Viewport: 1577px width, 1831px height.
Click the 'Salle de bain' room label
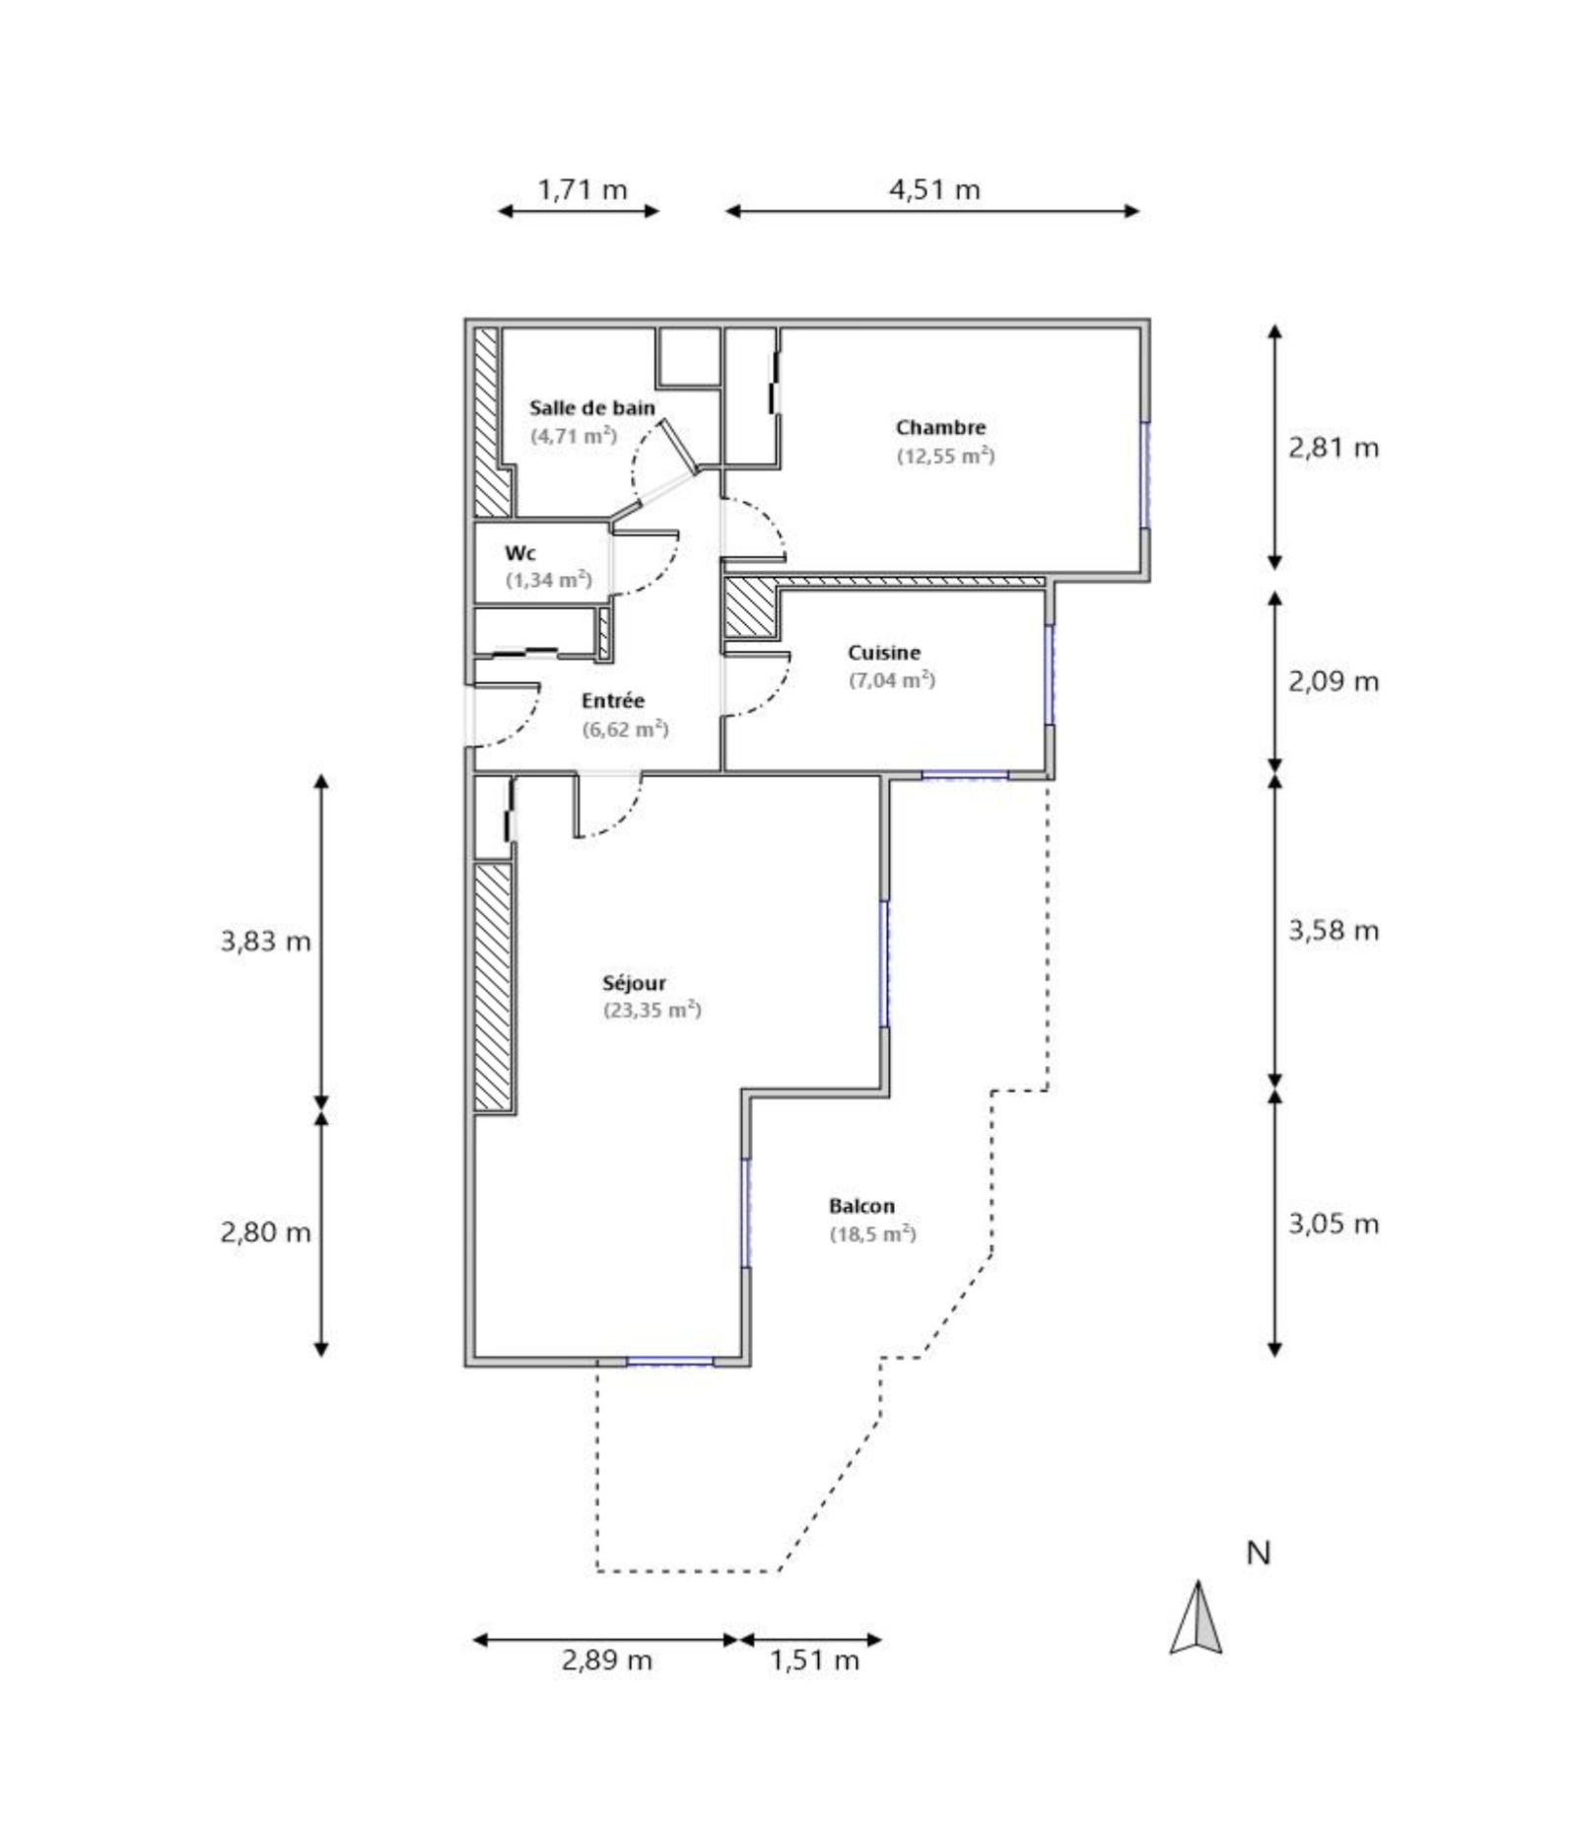591,407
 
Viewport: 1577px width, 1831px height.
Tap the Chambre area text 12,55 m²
944,457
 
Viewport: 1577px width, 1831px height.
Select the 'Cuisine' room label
883,653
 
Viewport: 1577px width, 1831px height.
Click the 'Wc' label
519,553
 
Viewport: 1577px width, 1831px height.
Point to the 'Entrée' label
612,701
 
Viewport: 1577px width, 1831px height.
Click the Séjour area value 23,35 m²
651,1011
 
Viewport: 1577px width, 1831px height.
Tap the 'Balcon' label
861,1206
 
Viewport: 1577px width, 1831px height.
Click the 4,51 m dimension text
934,189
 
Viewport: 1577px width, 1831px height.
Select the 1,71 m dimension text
582,189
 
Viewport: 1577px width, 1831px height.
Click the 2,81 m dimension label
1333,448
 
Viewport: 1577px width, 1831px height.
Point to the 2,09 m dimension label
1333,681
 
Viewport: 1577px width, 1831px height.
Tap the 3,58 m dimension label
1333,930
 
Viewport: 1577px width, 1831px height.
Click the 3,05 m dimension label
1333,1224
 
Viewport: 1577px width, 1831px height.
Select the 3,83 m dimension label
265,941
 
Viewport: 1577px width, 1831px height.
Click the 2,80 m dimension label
265,1232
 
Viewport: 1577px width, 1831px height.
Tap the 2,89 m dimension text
606,1659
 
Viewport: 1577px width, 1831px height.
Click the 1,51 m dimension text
813,1659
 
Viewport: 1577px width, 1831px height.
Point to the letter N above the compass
1258,1553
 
